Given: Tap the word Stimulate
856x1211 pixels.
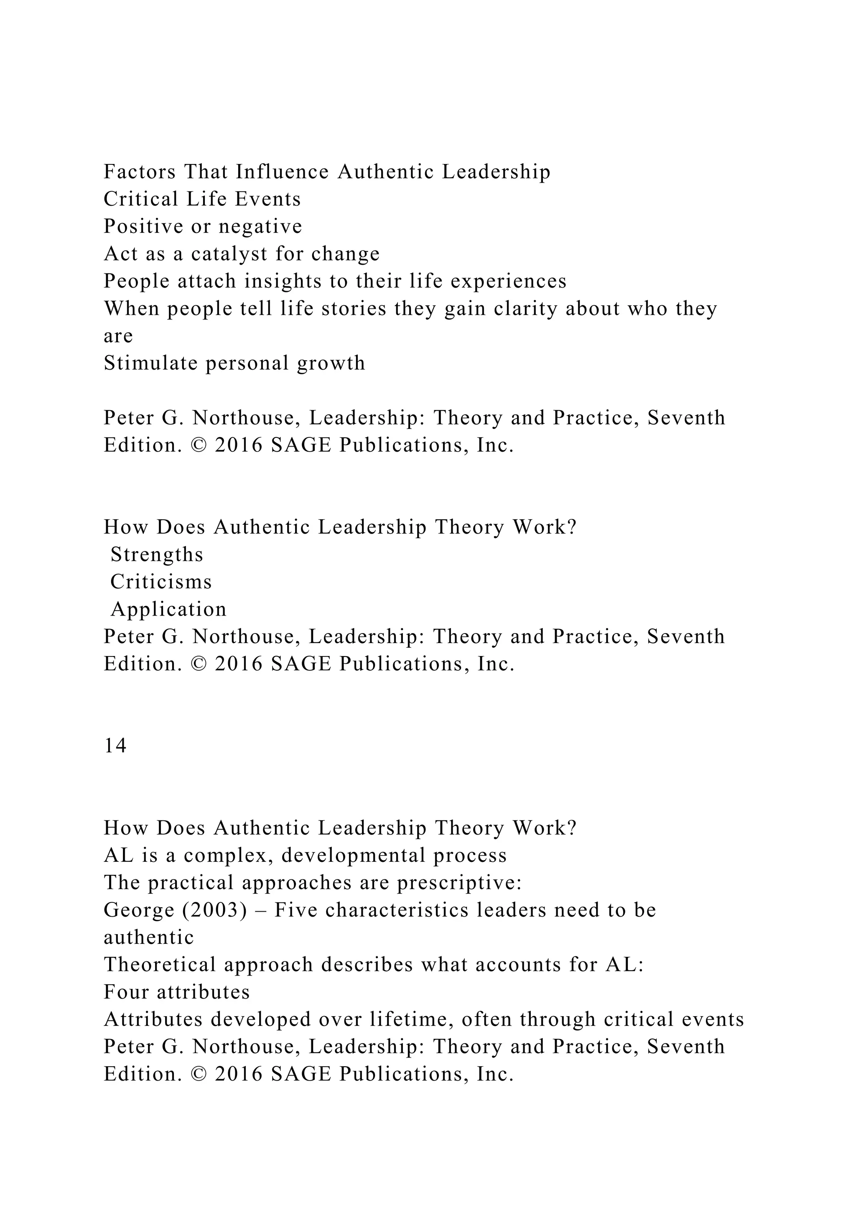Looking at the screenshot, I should [x=150, y=363].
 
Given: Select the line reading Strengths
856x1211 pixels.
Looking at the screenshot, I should [x=157, y=555].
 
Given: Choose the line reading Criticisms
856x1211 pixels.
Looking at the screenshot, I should [x=161, y=583].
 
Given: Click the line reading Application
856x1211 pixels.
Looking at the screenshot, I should [x=168, y=610].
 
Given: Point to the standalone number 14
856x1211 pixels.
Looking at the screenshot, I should [x=115, y=746].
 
